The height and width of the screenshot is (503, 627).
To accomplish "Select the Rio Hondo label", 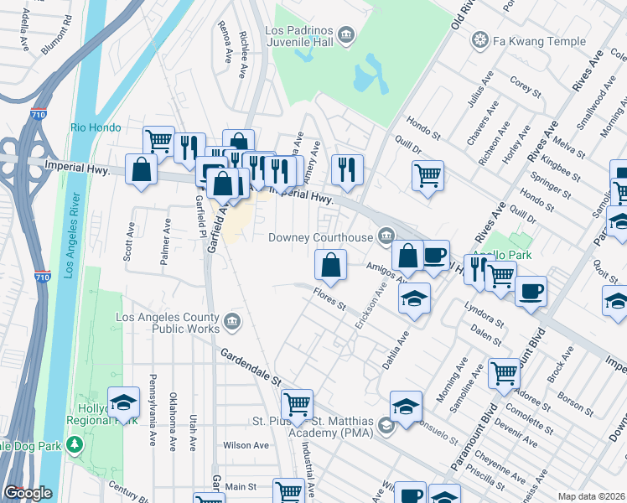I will [96, 127].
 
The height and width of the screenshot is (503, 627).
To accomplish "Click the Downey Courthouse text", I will [320, 237].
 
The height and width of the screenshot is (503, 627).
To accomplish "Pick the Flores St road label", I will [329, 298].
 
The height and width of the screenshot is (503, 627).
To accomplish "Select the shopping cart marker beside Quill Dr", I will [427, 175].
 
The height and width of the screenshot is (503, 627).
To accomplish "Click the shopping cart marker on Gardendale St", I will [297, 404].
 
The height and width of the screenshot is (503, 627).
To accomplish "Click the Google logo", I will [28, 494].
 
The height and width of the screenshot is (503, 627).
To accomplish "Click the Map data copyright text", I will [591, 496].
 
